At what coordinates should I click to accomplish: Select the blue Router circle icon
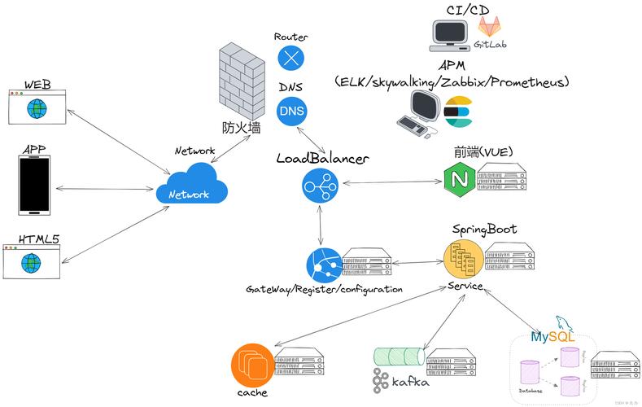(x=290, y=58)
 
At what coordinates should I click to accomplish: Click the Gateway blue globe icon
(x=324, y=265)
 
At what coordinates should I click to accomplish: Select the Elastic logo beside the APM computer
(x=459, y=112)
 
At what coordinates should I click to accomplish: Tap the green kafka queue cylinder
(x=398, y=357)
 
